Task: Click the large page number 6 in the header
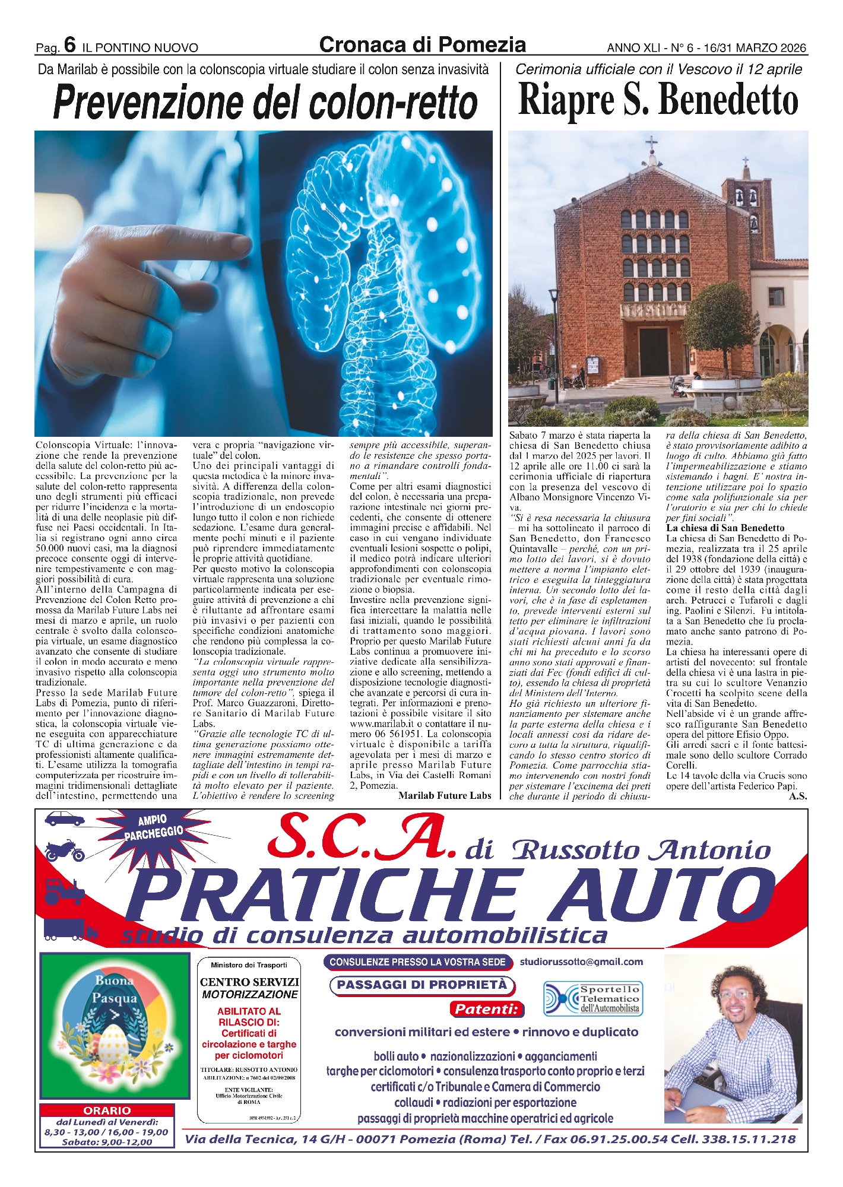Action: pyautogui.click(x=69, y=45)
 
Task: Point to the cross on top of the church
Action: pyautogui.click(x=652, y=143)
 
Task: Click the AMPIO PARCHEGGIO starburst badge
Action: pyautogui.click(x=153, y=827)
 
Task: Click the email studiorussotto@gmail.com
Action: pyautogui.click(x=581, y=961)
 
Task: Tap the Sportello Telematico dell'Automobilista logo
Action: pyautogui.click(x=594, y=998)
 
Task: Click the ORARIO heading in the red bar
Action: pyautogui.click(x=107, y=1110)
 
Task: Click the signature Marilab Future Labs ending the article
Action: pyautogui.click(x=445, y=795)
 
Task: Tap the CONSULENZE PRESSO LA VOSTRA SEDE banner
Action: pyautogui.click(x=418, y=962)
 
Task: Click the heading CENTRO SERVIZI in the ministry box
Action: pyautogui.click(x=249, y=982)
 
